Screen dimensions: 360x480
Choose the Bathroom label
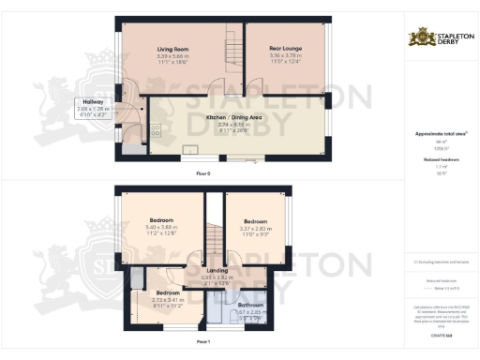[x=250, y=305]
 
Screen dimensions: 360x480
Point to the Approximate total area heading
[x=440, y=134]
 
